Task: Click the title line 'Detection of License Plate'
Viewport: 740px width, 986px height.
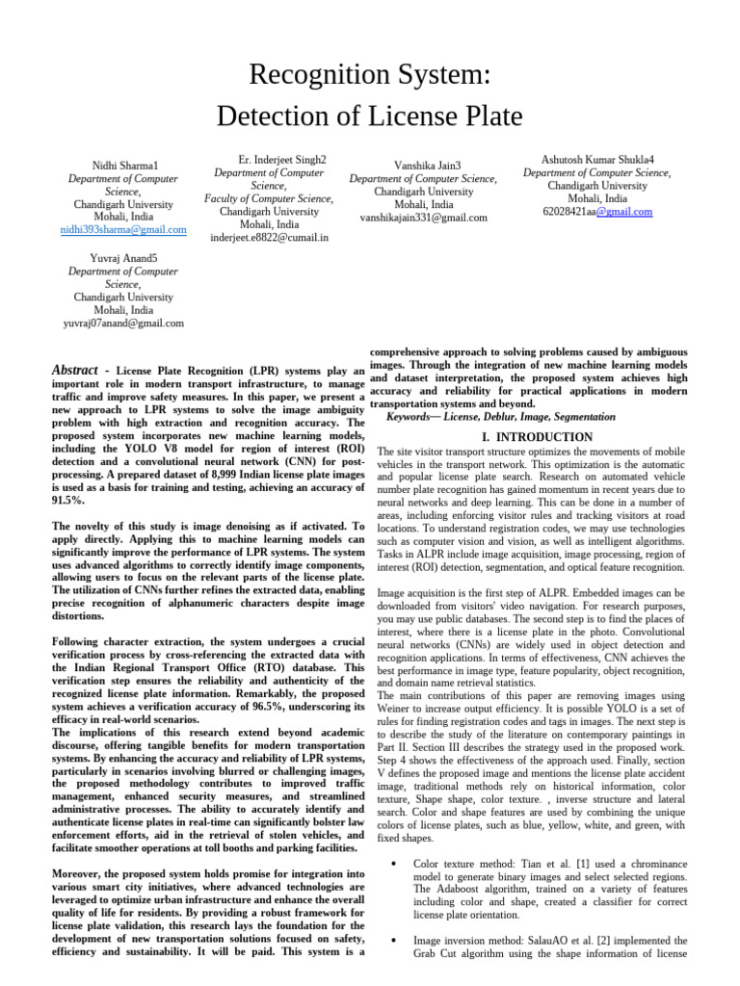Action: point(369,117)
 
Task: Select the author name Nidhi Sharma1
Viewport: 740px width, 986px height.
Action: point(124,167)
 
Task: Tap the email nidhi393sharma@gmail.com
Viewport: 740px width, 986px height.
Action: point(123,230)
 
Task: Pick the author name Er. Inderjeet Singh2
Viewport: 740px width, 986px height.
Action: point(281,160)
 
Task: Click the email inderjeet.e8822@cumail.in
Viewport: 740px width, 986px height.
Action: point(269,237)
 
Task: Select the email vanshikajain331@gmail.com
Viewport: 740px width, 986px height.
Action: point(423,218)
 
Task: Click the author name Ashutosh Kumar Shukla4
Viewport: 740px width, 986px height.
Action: point(597,160)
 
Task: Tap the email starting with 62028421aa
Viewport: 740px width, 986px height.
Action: point(597,212)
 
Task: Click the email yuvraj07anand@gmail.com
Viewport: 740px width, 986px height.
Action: point(123,324)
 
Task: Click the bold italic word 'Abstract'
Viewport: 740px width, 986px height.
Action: point(74,371)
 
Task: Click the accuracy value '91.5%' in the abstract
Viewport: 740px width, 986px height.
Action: point(68,502)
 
